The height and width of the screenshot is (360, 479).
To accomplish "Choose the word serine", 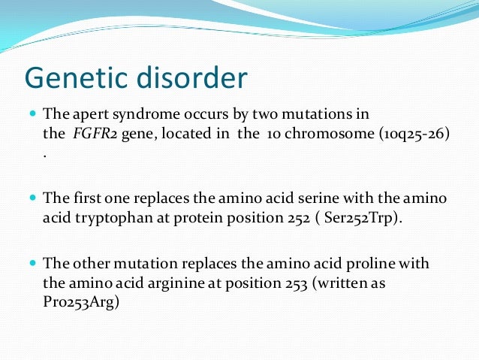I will (315, 198).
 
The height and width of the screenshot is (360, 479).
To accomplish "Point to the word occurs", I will (197, 114).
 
